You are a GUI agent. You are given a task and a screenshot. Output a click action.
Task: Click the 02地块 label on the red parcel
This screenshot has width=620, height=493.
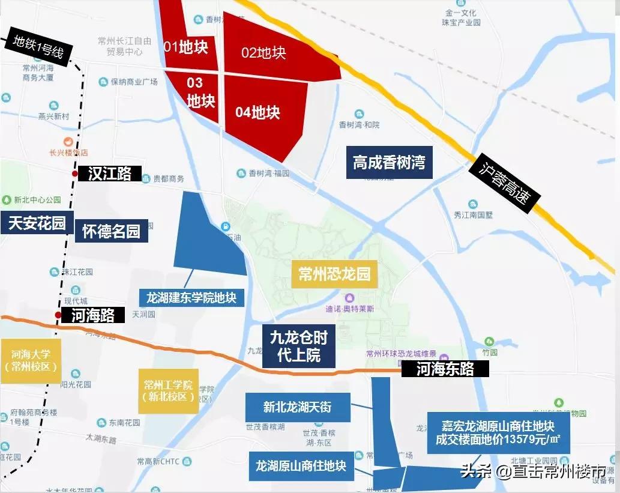coord(263,53)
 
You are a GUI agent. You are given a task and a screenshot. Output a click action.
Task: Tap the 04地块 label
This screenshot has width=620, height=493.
coord(257,112)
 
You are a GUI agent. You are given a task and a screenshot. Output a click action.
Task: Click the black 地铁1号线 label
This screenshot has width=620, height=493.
coord(39,46)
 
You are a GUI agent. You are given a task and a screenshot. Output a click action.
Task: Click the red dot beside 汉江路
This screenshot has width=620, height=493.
coord(74,174)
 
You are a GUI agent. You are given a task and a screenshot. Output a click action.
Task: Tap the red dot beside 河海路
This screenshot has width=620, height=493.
coord(58,315)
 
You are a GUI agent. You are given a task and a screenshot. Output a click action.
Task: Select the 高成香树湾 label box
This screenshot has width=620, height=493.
coord(389,163)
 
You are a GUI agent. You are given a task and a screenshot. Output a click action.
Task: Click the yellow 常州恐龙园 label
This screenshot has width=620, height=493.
coord(334,275)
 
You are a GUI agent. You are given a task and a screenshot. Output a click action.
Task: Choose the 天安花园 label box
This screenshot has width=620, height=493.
coord(37,223)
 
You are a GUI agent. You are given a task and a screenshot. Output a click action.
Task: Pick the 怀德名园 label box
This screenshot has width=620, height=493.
coord(111,231)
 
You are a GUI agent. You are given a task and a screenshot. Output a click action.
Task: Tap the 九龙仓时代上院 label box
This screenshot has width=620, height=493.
coord(298,346)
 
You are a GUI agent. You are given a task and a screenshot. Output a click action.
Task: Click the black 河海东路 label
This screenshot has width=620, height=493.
coord(445,369)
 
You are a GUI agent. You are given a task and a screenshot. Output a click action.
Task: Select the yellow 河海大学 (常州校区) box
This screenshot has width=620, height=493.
coord(31,361)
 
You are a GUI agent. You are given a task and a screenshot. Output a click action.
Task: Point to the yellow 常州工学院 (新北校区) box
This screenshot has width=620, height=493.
coord(168,390)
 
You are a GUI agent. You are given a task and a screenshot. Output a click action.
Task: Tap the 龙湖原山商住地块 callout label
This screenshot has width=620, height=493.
coord(301,466)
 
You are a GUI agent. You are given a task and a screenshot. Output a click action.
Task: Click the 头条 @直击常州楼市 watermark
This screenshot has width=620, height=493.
coord(533,471)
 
